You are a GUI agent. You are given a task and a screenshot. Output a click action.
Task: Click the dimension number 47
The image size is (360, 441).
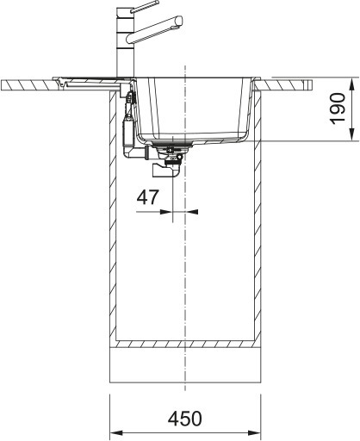point(148,196)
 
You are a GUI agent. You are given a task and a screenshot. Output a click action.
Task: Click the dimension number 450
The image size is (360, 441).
point(184,419)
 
